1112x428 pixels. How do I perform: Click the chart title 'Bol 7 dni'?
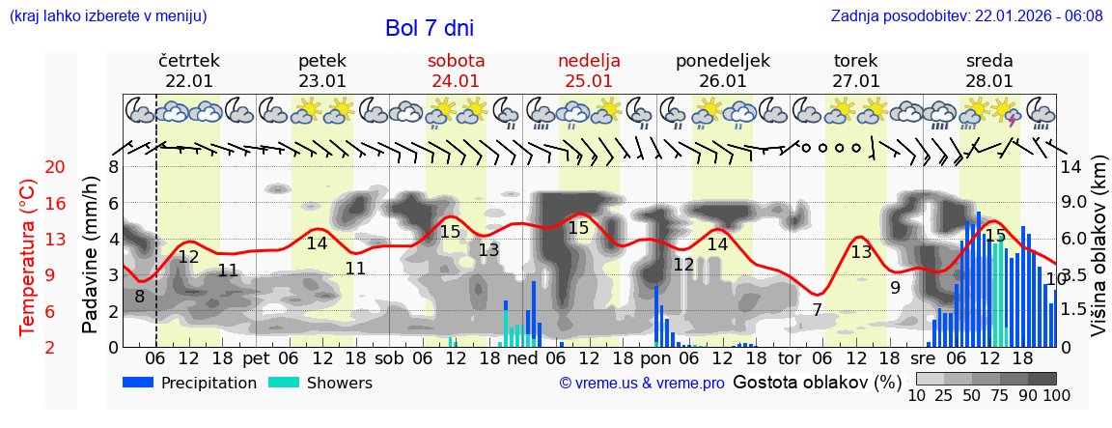point(429,28)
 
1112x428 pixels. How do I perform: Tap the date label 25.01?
point(589,81)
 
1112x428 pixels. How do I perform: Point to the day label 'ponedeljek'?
point(722,61)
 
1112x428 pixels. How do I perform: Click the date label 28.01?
point(989,81)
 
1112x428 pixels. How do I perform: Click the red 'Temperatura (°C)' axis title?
point(28,257)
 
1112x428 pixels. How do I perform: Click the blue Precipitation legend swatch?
point(139,383)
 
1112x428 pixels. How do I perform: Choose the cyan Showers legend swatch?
point(284,383)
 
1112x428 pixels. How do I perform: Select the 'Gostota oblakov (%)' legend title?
point(816,382)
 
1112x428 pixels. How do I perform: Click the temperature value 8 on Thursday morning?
point(140,297)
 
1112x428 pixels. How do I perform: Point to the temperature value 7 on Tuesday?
point(817,310)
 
